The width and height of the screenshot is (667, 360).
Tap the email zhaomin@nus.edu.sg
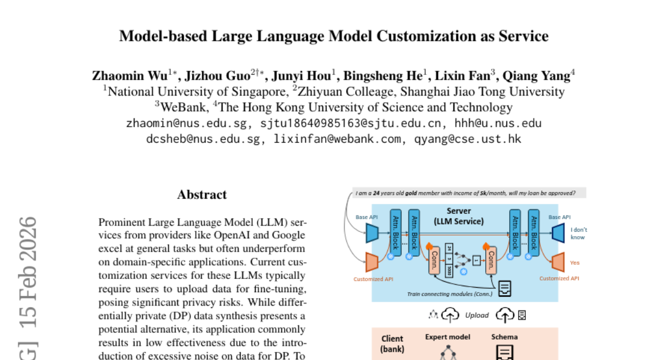click(x=187, y=123)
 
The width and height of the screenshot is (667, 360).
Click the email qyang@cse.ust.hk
click(x=468, y=139)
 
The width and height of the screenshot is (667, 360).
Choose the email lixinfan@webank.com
click(x=337, y=139)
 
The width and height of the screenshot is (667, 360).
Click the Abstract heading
click(x=202, y=194)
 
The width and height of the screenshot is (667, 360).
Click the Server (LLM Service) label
click(x=459, y=216)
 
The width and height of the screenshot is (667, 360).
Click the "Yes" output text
click(x=575, y=262)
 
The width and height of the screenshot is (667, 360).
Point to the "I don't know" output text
click(x=578, y=233)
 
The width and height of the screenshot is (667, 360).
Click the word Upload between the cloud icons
click(x=477, y=315)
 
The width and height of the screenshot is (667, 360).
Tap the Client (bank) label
click(x=392, y=343)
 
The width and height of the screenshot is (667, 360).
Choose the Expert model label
click(x=447, y=337)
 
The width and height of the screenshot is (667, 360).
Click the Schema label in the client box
click(x=504, y=337)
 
